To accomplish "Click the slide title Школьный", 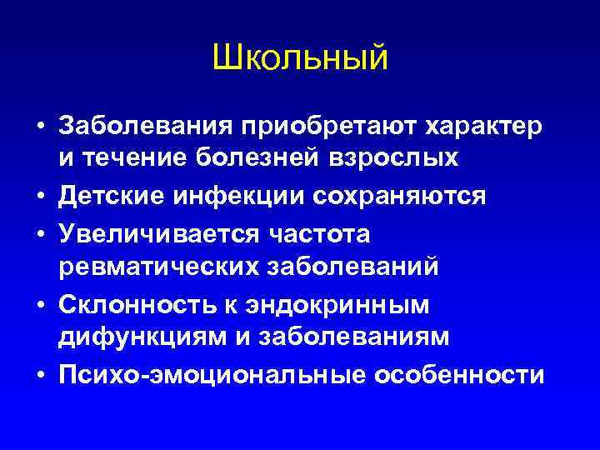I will [300, 57].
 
